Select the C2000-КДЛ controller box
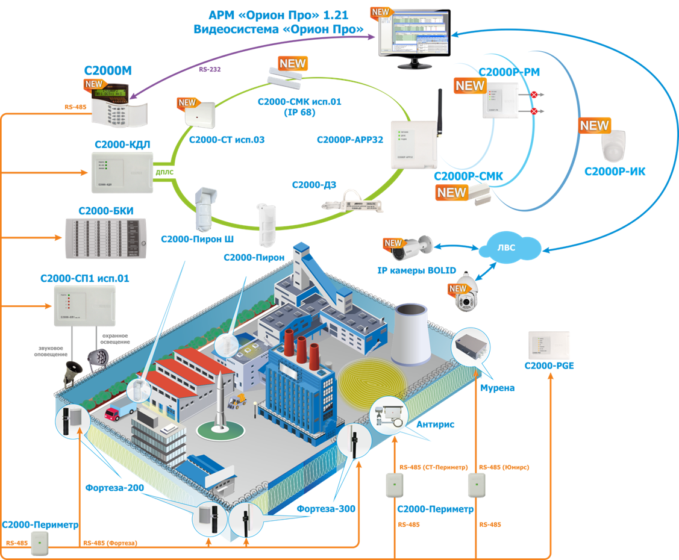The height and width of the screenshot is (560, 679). click(x=121, y=173)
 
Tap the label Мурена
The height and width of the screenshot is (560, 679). click(x=497, y=388)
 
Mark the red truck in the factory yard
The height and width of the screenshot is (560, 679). click(x=112, y=414)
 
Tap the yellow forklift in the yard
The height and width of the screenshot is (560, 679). click(x=239, y=400)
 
